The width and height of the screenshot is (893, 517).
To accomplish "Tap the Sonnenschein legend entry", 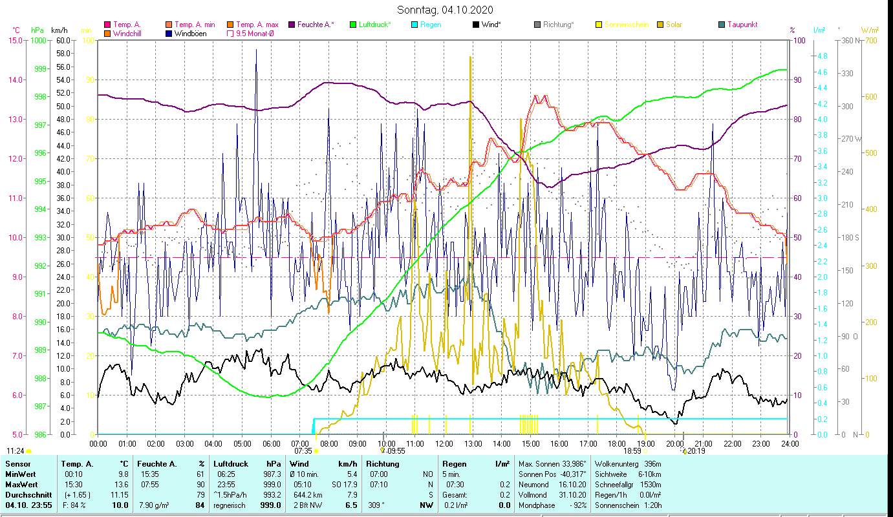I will click(x=626, y=25).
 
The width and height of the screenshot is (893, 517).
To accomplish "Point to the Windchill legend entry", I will click(x=127, y=34).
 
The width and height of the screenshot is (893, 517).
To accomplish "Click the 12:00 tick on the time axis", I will click(x=444, y=444).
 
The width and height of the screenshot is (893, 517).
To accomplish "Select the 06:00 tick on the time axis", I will click(x=271, y=444).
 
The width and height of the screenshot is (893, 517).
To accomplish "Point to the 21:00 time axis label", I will click(x=704, y=444).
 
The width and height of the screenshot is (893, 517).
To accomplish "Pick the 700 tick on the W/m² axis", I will click(x=870, y=41).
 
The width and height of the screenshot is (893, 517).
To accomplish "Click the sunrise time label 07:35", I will click(x=303, y=451).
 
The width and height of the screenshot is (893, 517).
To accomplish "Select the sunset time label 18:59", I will click(x=632, y=451).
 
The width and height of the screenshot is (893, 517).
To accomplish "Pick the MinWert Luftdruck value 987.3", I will click(x=271, y=474).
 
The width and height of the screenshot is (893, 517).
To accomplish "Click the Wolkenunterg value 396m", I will click(x=649, y=464).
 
